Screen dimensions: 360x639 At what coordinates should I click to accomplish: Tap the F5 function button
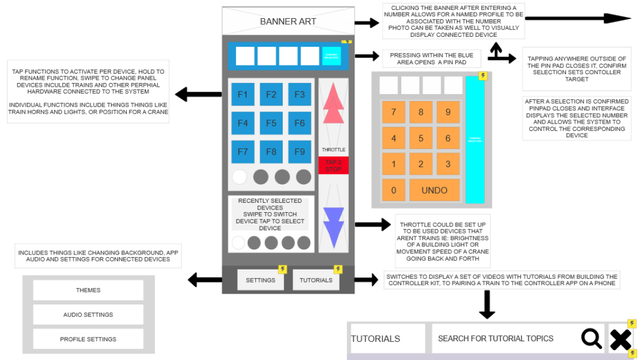(x=271, y=124)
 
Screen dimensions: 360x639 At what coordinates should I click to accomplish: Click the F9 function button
(x=300, y=152)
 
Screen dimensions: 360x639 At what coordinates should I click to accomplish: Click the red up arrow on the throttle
(x=333, y=104)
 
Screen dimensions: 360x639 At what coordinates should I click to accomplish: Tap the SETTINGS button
(x=261, y=280)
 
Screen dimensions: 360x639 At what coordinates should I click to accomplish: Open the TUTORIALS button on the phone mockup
(x=316, y=280)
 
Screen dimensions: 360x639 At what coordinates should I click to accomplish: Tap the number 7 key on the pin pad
(x=393, y=112)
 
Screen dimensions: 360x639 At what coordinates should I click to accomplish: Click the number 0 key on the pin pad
(x=393, y=190)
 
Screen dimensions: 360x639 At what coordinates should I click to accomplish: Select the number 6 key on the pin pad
(x=448, y=139)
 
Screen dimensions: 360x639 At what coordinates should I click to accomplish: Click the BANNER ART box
(x=288, y=21)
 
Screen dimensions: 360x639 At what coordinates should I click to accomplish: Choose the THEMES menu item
(x=88, y=290)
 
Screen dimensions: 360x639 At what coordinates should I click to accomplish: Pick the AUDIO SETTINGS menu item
(x=88, y=314)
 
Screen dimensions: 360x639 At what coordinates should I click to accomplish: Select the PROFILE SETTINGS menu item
(x=88, y=339)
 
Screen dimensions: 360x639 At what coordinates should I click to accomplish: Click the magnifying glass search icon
(x=592, y=339)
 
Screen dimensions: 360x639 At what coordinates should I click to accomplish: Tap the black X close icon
(x=620, y=339)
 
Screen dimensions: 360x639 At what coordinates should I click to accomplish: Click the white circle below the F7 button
(x=240, y=177)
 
